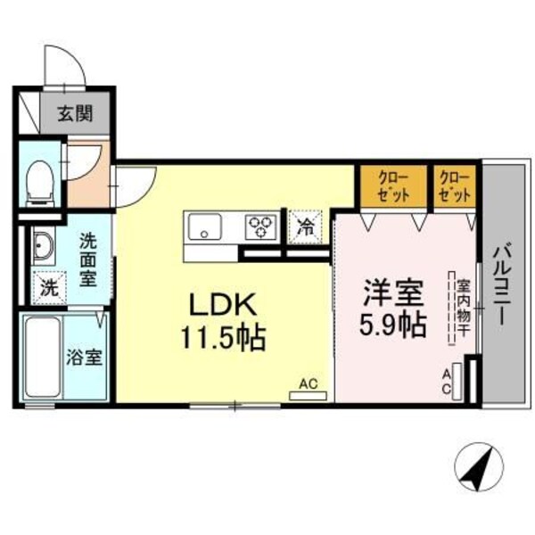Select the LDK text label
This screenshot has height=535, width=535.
pos(222,305)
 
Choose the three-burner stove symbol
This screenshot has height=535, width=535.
pos(261,225)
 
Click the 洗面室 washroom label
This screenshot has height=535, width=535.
pos(88,259)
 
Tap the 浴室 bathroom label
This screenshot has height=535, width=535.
pos(85,358)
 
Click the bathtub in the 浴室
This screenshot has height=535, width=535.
pos(40,357)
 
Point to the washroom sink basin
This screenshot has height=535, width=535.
pos(42,243)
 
